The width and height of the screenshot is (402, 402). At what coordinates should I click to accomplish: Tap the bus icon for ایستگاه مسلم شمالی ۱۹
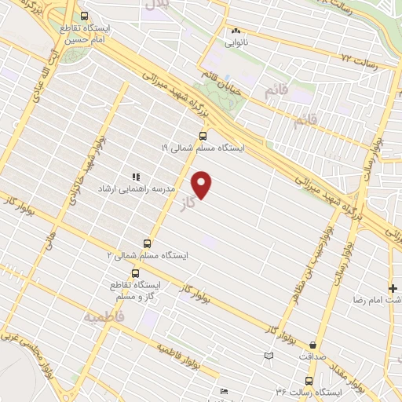(203, 135)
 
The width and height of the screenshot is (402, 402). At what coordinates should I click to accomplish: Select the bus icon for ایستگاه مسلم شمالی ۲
(146, 243)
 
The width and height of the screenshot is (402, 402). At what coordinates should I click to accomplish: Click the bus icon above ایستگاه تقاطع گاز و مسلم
(136, 273)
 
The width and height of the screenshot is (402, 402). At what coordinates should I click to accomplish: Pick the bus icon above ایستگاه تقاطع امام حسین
(84, 16)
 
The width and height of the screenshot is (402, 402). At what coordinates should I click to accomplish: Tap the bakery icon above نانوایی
(235, 31)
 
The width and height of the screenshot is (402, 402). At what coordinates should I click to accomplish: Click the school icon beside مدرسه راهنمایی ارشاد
(135, 177)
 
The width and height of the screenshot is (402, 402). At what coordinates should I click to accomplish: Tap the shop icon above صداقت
(314, 344)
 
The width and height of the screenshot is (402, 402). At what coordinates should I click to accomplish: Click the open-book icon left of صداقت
(269, 356)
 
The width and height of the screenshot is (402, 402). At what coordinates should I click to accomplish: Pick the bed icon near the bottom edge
(224, 391)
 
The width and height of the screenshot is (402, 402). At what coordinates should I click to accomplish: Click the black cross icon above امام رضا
(393, 288)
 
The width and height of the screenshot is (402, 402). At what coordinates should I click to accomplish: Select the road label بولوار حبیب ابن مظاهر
(312, 263)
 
